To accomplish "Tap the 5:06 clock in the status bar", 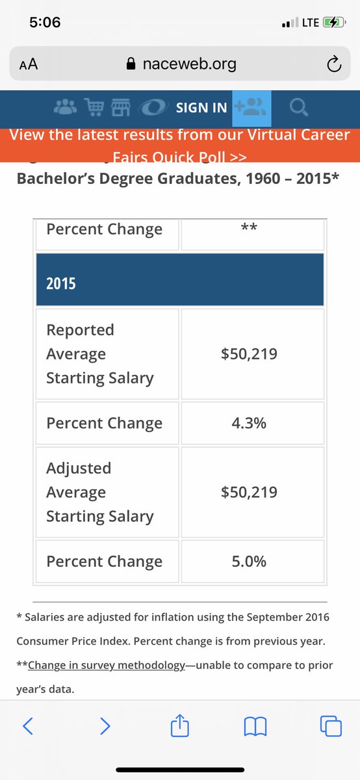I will click(x=45, y=22).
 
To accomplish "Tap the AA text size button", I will click(x=29, y=64).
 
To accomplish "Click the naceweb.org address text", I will click(x=188, y=64).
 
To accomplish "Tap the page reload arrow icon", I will click(x=333, y=64).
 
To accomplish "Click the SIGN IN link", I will click(x=201, y=108).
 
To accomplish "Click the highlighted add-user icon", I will click(x=251, y=107).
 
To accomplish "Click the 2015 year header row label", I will click(x=60, y=283).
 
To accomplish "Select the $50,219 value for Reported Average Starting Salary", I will click(x=249, y=354).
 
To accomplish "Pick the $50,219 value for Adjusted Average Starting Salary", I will click(x=249, y=492).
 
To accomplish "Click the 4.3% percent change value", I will click(x=249, y=423).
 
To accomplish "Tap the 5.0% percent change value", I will click(x=249, y=562).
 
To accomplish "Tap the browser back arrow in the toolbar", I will click(x=28, y=726).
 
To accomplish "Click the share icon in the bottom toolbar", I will click(x=179, y=725).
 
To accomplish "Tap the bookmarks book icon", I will click(x=255, y=726).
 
